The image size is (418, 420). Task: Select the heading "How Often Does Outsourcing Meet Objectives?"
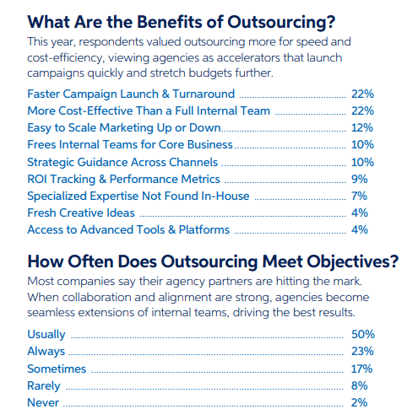212,261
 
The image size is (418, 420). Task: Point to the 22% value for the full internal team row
363,110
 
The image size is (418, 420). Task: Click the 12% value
363,127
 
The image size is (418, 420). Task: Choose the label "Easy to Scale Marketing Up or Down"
124,127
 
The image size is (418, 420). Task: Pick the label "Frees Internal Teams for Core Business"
128,144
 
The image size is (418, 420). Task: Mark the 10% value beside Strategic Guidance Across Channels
363,162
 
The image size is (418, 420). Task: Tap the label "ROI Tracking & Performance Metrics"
123,179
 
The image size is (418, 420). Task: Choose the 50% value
363,335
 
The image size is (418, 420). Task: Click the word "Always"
47,352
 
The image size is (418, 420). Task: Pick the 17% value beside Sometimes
363,369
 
